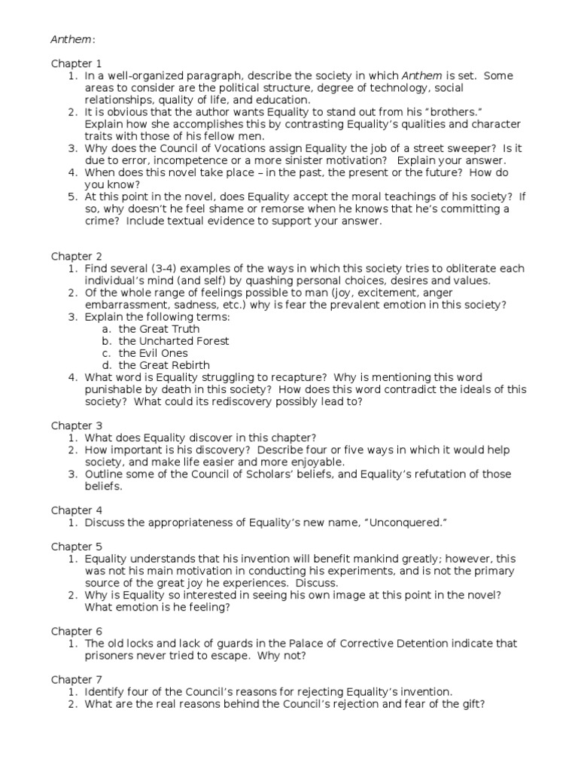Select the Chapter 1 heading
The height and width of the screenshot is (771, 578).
click(x=76, y=63)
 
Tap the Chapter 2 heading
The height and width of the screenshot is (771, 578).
click(x=76, y=256)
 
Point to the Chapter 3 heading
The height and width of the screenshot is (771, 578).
click(x=76, y=425)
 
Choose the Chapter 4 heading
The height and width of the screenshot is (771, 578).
click(x=76, y=510)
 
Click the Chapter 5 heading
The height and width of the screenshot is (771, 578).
click(x=76, y=546)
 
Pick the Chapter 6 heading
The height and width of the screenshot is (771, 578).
click(x=76, y=630)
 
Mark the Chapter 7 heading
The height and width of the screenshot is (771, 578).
click(x=76, y=679)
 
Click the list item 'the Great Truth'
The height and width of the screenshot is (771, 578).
click(x=160, y=329)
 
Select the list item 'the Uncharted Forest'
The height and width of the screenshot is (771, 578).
click(x=174, y=341)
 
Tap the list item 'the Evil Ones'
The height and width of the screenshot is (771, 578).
click(x=154, y=353)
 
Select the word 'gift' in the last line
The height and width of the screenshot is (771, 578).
click(x=466, y=704)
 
